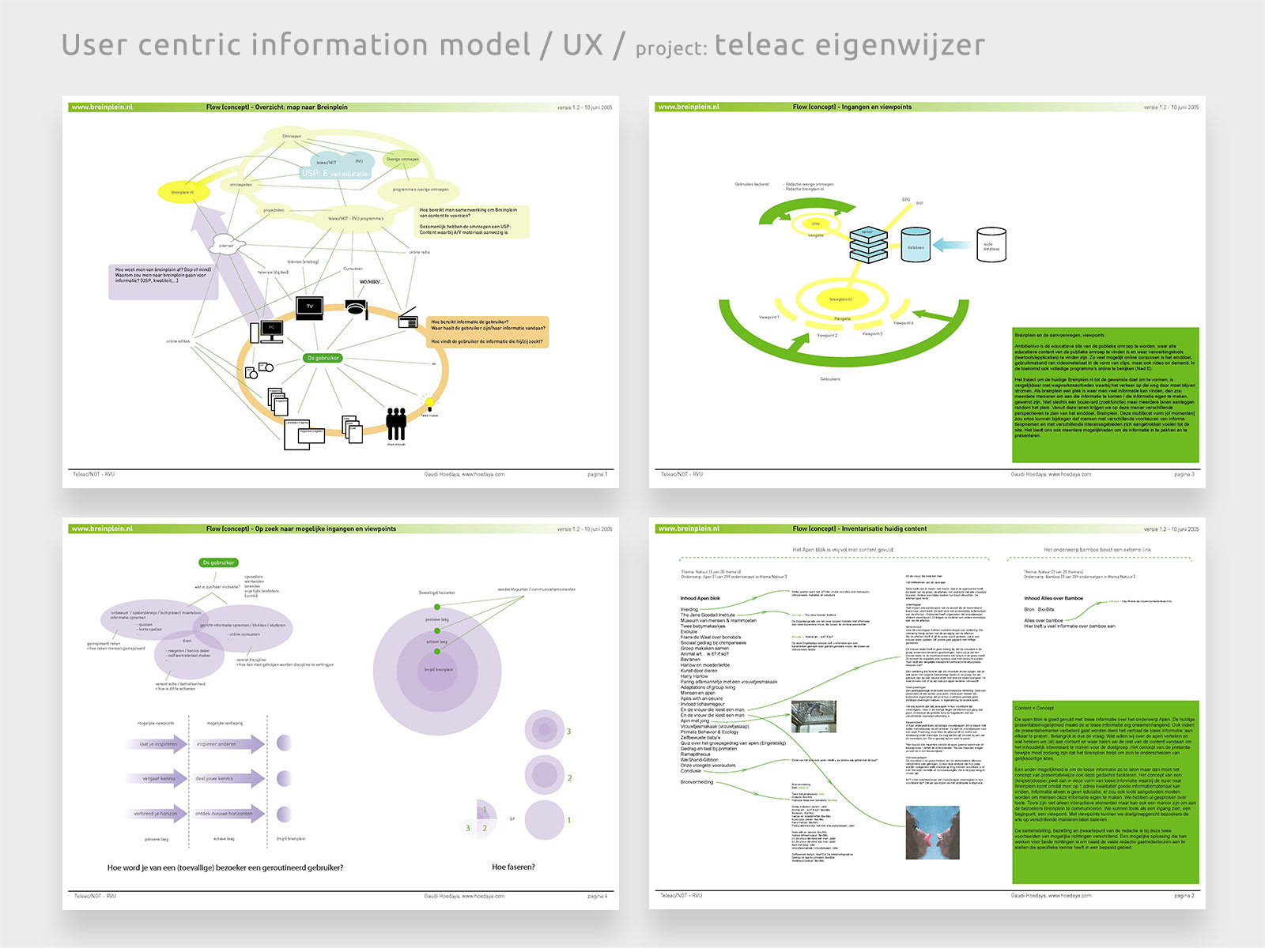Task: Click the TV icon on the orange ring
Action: click(x=309, y=307)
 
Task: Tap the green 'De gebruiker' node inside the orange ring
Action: click(x=323, y=358)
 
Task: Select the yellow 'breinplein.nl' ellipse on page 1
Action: click(x=183, y=192)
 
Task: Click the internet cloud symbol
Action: click(x=227, y=245)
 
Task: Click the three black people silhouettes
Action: click(x=396, y=423)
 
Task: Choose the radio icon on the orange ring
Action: click(x=408, y=321)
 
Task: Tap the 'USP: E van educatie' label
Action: click(x=334, y=173)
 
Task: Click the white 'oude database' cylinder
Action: click(x=991, y=245)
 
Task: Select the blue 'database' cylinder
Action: click(x=916, y=246)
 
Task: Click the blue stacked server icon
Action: click(x=868, y=245)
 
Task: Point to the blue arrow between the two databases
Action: click(x=953, y=245)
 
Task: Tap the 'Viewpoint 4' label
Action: click(x=903, y=323)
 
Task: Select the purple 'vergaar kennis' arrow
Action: click(x=157, y=778)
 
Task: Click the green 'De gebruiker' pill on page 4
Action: click(x=218, y=562)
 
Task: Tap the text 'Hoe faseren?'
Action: click(x=513, y=867)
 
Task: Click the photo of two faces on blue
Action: click(x=932, y=833)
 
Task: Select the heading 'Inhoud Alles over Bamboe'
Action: click(x=1053, y=598)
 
